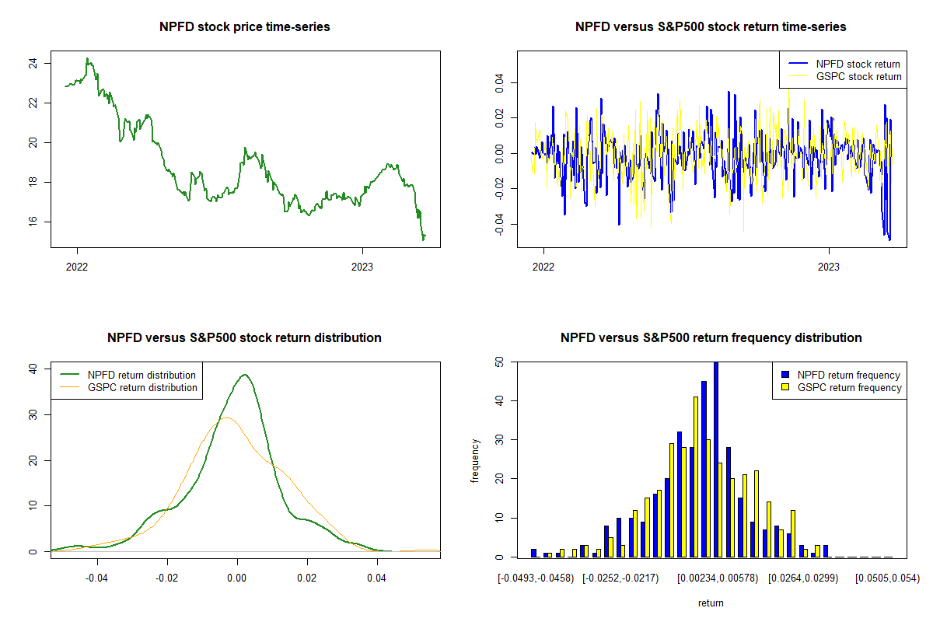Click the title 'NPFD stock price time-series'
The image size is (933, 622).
click(x=245, y=27)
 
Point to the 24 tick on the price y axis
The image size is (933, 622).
click(x=32, y=63)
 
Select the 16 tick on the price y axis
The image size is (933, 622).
click(x=32, y=222)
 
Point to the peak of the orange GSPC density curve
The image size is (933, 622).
click(x=226, y=418)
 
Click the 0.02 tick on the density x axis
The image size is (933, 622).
click(x=307, y=578)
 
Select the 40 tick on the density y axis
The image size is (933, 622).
click(x=32, y=369)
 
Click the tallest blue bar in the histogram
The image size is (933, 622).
click(x=716, y=459)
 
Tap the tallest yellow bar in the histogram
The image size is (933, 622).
click(x=696, y=477)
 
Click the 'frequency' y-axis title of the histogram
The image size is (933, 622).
click(x=475, y=460)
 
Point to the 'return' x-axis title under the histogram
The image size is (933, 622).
click(x=711, y=603)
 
